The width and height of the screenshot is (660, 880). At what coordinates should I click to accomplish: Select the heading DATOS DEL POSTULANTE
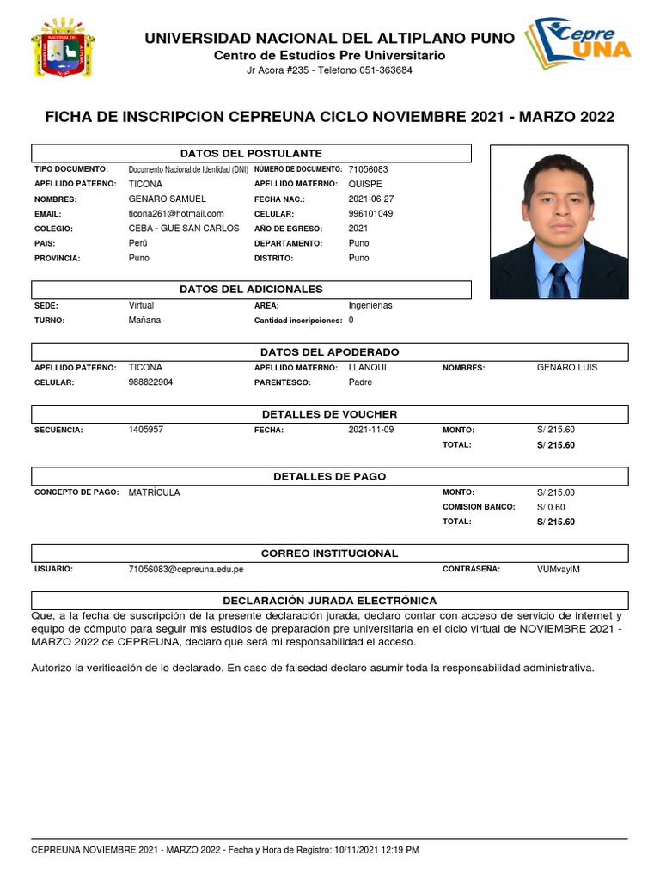tap(251, 153)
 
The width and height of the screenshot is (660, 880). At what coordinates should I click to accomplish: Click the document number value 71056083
tap(368, 169)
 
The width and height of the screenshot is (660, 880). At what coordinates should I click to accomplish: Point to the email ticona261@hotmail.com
tap(176, 213)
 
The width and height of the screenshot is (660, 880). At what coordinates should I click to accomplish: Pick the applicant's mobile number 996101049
tap(370, 213)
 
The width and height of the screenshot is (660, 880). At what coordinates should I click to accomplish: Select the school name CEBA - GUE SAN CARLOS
tap(184, 229)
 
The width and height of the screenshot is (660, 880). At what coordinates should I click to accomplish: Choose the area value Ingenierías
tap(370, 305)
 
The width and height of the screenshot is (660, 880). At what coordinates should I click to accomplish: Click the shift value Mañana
tap(144, 320)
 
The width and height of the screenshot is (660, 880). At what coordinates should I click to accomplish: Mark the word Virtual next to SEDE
tap(141, 305)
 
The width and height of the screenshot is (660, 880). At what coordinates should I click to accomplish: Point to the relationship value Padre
tap(360, 382)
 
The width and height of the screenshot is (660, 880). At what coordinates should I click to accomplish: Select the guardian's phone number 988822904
tap(150, 382)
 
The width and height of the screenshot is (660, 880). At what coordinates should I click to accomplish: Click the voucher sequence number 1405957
tap(145, 430)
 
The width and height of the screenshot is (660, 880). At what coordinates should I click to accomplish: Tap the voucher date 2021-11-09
tap(371, 430)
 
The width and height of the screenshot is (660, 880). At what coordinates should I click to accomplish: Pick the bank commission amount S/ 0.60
tap(551, 507)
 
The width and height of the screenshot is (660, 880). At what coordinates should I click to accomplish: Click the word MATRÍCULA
tap(155, 492)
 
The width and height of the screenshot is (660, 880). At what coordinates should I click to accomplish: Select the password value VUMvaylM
tap(559, 569)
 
